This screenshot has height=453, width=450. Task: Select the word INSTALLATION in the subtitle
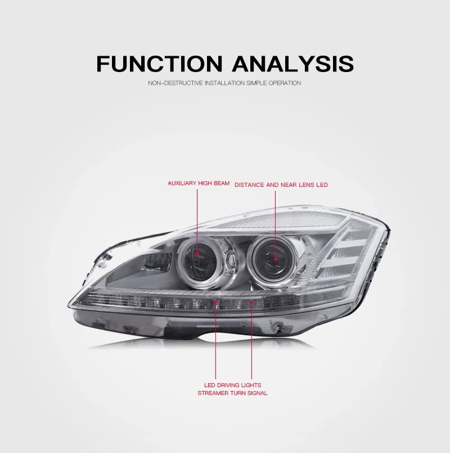224,83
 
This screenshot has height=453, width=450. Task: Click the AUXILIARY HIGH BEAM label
199,183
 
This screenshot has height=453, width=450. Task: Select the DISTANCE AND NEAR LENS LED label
281,184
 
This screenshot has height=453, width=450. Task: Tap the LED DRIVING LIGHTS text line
232,384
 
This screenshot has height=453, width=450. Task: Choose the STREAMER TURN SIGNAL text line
232,393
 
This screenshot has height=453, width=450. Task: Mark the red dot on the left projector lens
199,254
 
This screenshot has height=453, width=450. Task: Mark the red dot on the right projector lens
275,259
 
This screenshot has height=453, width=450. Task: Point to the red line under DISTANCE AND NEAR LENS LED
275,222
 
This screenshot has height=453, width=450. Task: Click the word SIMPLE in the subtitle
257,83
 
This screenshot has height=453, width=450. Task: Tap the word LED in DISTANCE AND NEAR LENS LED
322,184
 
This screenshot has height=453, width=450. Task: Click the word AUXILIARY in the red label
182,183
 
